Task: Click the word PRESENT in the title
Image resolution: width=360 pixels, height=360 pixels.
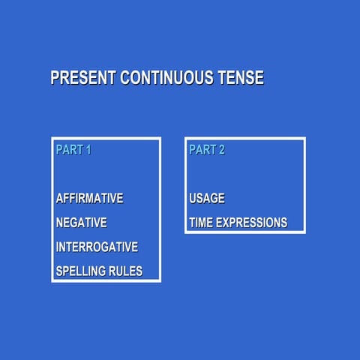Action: (x=83, y=78)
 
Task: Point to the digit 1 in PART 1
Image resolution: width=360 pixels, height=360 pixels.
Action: (x=88, y=150)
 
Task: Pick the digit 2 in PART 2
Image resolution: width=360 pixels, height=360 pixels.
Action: (x=221, y=150)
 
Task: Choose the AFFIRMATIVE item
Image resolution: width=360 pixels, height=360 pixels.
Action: (x=90, y=199)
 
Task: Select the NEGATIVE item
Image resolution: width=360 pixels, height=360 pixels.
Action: (x=82, y=223)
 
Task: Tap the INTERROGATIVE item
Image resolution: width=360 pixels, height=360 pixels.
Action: (x=97, y=247)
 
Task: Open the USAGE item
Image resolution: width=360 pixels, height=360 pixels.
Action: (x=207, y=199)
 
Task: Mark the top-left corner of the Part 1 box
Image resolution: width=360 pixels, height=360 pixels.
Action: (x=52, y=139)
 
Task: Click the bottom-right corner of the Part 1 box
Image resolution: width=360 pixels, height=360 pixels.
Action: (x=160, y=281)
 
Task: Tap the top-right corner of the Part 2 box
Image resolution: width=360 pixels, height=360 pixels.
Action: (x=304, y=139)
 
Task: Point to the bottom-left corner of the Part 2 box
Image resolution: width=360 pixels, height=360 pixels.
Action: (x=186, y=232)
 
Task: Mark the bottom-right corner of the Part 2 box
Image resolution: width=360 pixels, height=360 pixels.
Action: (x=304, y=232)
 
